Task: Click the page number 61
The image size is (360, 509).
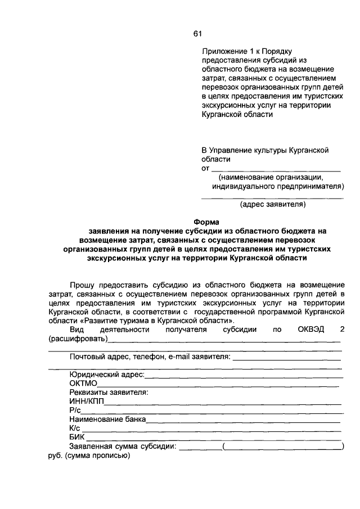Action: (x=197, y=34)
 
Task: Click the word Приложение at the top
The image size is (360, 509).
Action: (x=224, y=52)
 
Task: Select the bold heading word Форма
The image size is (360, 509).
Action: (x=205, y=222)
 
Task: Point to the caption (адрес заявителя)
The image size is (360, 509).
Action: (x=273, y=205)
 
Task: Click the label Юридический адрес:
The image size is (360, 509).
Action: (x=107, y=375)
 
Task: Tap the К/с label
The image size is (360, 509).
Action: (x=75, y=429)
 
